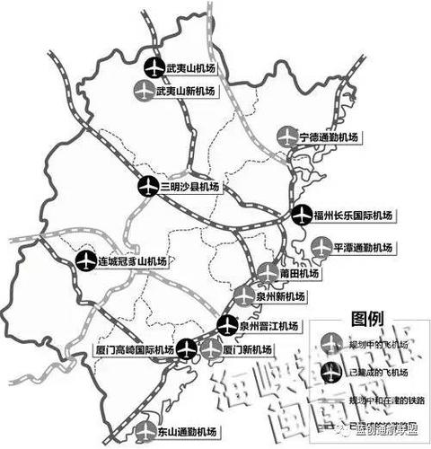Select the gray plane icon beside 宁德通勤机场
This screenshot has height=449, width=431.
click(286, 136)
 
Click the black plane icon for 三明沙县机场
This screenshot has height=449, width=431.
click(149, 187)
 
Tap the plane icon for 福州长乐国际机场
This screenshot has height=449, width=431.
click(303, 216)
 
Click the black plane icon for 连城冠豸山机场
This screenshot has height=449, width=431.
click(85, 261)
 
